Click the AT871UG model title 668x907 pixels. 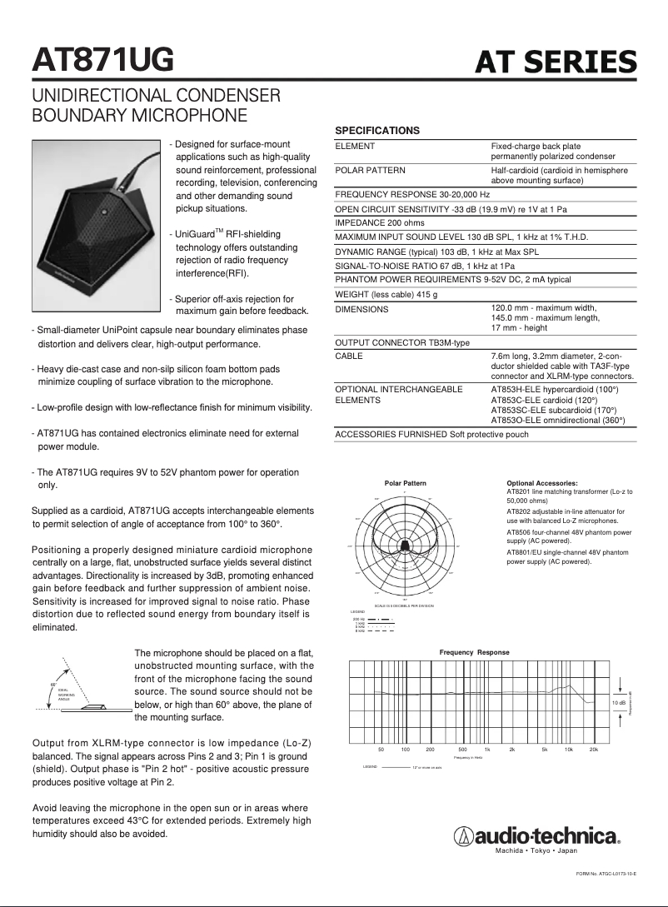[x=102, y=59]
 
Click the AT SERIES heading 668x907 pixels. [x=556, y=62]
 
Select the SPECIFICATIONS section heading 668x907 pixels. [x=376, y=131]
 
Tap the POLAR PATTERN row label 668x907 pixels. [x=370, y=170]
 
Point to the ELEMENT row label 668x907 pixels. [x=355, y=147]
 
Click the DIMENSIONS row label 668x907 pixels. [x=361, y=310]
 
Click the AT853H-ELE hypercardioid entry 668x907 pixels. [x=554, y=389]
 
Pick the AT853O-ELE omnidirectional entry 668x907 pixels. [x=557, y=421]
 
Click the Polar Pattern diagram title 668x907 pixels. [x=405, y=483]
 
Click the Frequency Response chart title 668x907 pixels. [x=474, y=652]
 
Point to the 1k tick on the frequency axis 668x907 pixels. [x=487, y=750]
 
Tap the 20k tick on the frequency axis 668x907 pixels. [x=594, y=750]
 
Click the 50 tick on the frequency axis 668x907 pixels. [x=381, y=750]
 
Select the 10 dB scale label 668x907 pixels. [x=618, y=703]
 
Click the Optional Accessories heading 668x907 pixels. [x=541, y=483]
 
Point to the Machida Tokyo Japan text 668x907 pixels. [x=536, y=851]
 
